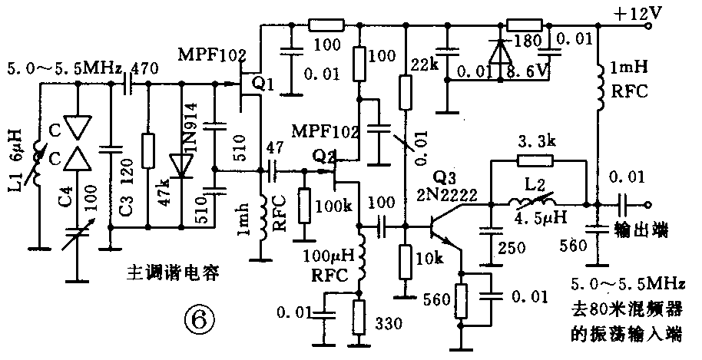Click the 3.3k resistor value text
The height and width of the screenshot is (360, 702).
[535, 143]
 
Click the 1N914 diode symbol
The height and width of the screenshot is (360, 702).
[182, 165]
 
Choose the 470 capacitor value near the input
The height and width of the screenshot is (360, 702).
[145, 68]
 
